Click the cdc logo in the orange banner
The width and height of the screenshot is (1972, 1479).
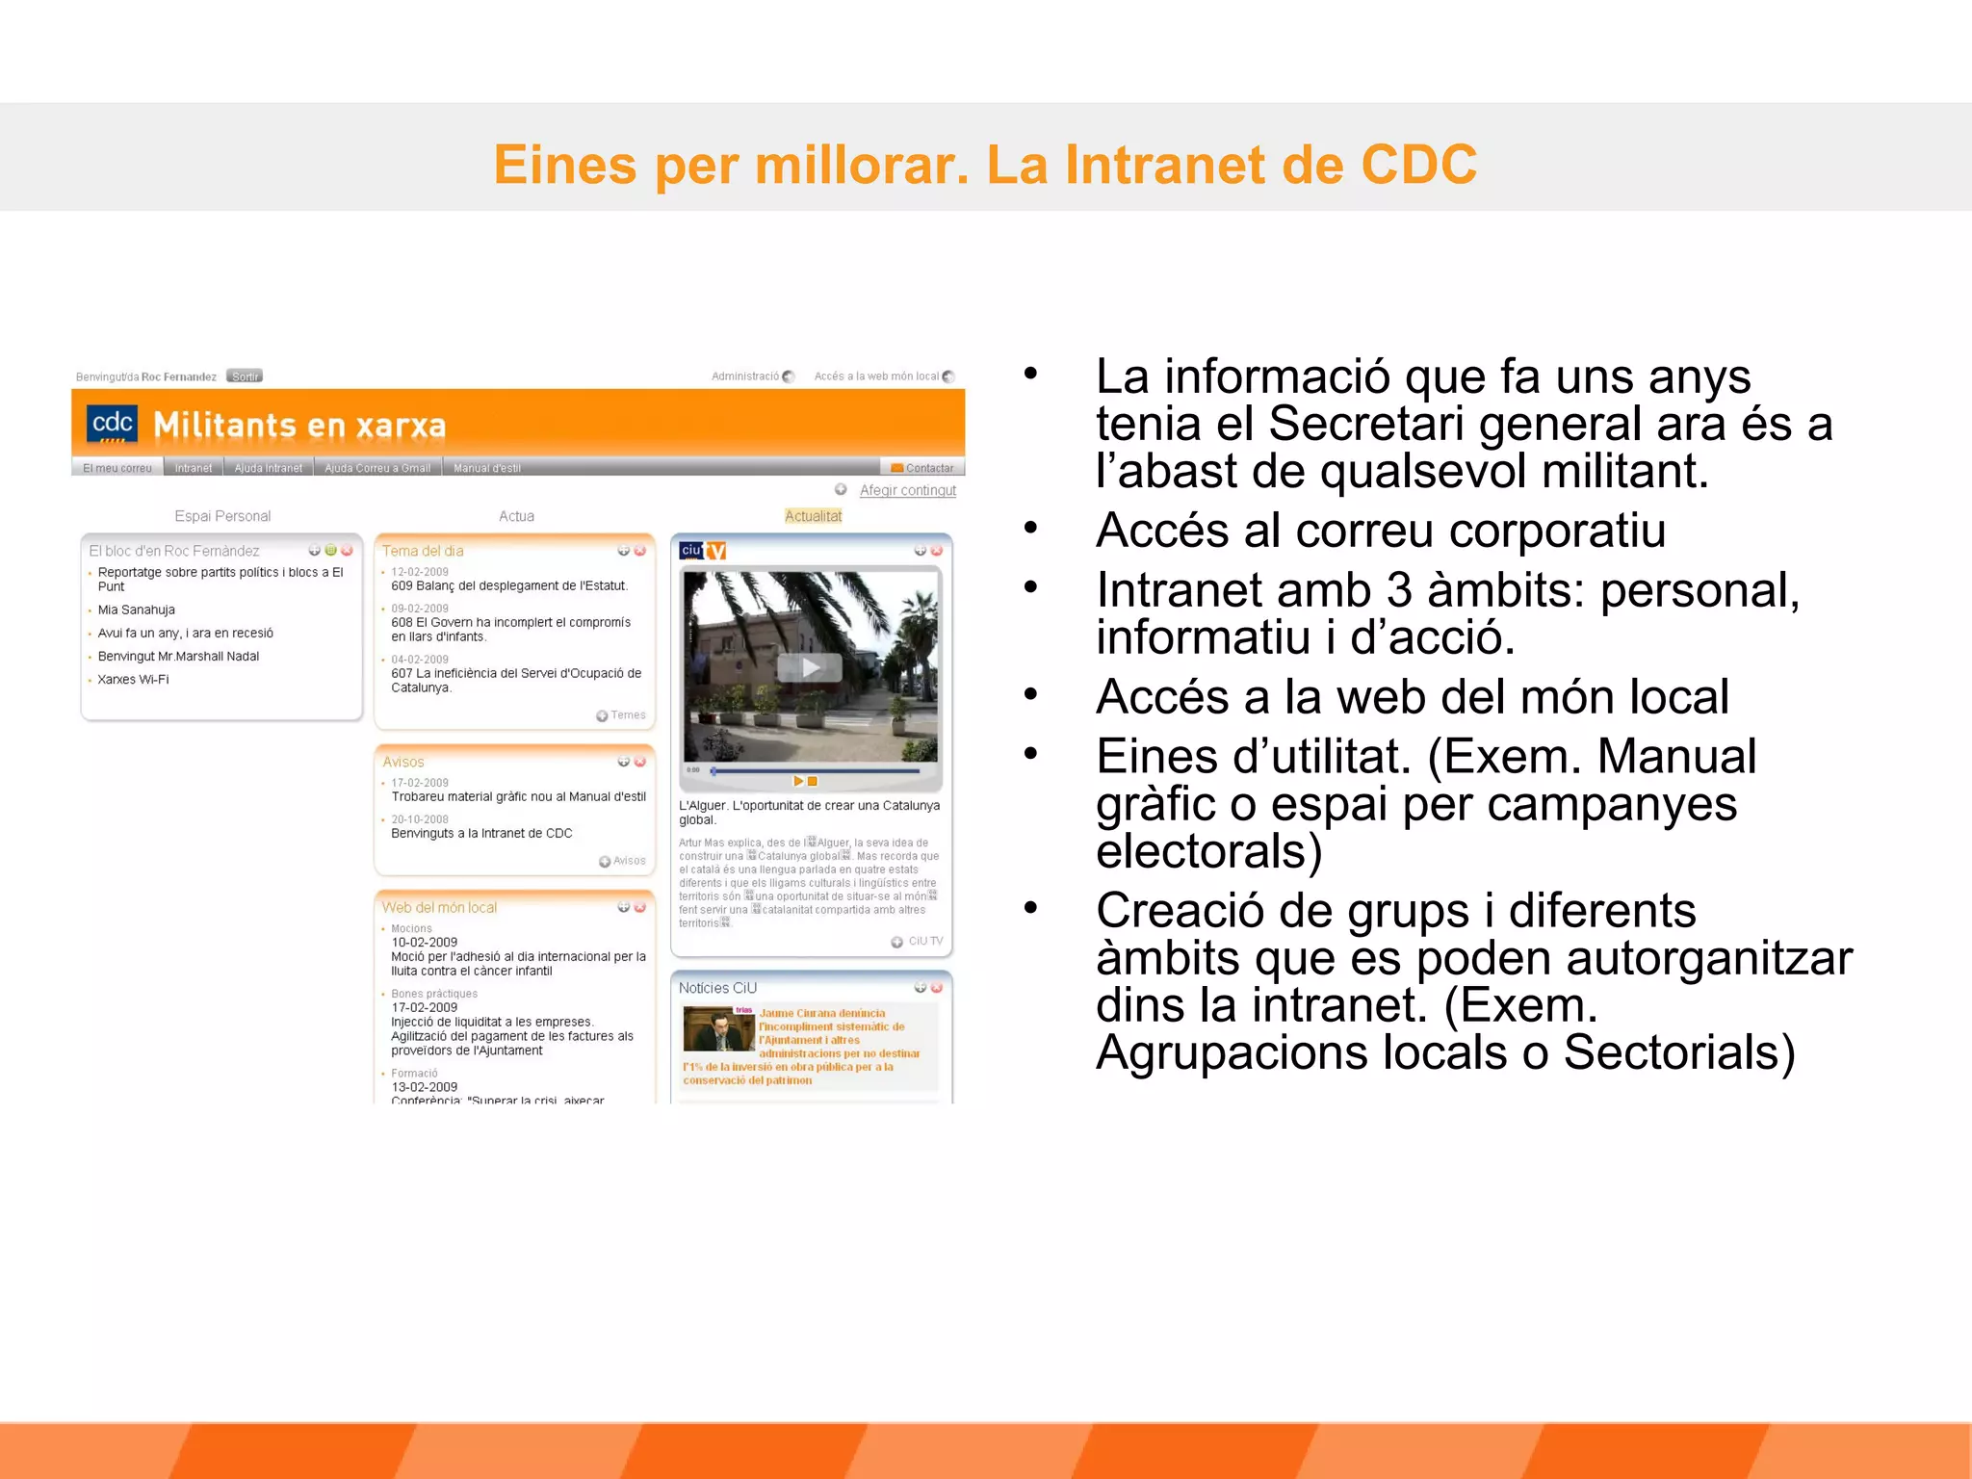click(x=112, y=425)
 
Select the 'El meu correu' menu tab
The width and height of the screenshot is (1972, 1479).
click(x=117, y=468)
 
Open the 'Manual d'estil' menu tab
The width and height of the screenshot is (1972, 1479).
click(x=487, y=468)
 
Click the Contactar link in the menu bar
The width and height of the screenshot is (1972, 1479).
click(x=923, y=468)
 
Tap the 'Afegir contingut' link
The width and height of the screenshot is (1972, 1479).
click(x=907, y=490)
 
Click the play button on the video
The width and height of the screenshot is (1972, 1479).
click(x=810, y=667)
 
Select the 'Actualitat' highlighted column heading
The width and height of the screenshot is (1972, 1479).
click(x=813, y=516)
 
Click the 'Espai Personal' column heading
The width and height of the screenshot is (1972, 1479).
click(x=222, y=516)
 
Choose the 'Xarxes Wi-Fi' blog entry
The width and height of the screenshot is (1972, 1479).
click(x=133, y=680)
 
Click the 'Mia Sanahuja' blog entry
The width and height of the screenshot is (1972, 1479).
click(x=137, y=610)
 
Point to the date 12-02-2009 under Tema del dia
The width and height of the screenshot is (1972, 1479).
click(x=420, y=572)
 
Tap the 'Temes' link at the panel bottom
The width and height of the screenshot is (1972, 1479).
click(x=627, y=715)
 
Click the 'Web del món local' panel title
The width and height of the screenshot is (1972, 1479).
click(x=439, y=907)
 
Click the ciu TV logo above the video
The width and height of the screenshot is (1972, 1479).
click(x=703, y=551)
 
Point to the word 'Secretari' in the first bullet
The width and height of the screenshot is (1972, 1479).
click(x=1365, y=424)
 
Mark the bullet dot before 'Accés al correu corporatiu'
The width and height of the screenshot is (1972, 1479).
click(x=1031, y=528)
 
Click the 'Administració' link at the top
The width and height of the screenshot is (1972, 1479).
click(x=745, y=376)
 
